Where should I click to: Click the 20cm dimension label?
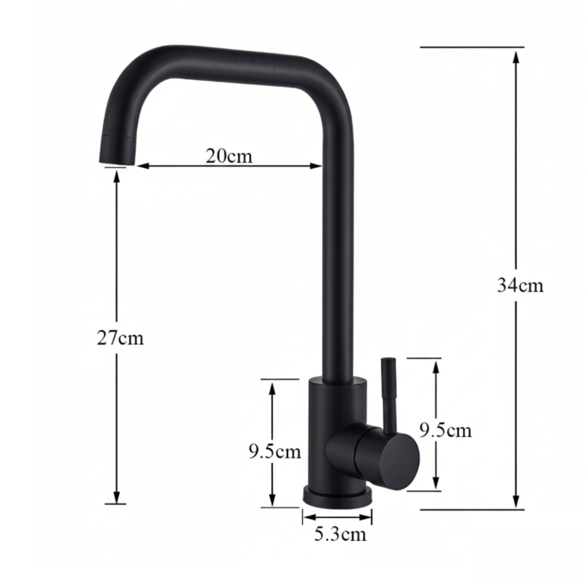(229, 155)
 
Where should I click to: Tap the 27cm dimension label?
(120, 338)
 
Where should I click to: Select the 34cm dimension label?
(520, 285)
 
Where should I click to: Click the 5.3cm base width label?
(340, 535)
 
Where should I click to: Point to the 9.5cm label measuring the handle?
(446, 430)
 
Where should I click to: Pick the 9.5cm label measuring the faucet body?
(274, 451)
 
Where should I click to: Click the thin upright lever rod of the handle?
(388, 394)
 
